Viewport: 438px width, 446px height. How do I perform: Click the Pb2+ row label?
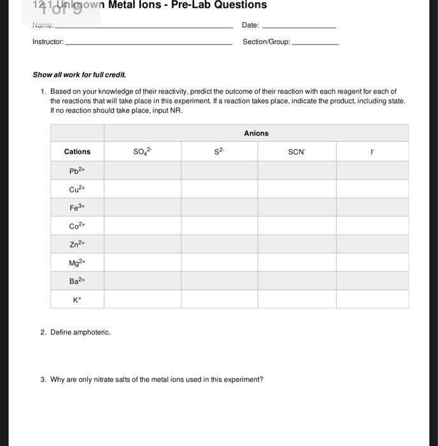click(x=77, y=170)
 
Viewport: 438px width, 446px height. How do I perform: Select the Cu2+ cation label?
click(x=77, y=189)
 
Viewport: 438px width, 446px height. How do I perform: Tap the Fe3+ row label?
click(x=77, y=207)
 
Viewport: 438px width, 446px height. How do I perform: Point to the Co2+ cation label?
click(x=77, y=226)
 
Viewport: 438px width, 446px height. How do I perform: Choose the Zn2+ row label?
click(x=77, y=244)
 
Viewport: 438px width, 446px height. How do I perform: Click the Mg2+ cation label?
click(x=77, y=263)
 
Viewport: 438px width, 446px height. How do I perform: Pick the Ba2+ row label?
click(x=77, y=281)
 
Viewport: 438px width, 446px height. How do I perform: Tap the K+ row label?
click(x=77, y=299)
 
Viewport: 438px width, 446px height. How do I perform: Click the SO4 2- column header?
click(x=142, y=152)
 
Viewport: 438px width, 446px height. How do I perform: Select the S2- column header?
click(x=218, y=152)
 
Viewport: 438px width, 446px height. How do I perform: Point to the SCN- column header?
click(x=296, y=152)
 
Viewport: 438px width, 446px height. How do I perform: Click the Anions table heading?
click(x=256, y=133)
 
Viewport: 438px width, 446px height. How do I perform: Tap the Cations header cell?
click(x=77, y=152)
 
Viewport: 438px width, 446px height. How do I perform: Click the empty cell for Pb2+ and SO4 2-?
click(x=142, y=170)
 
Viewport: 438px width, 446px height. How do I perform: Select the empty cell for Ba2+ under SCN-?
click(x=296, y=281)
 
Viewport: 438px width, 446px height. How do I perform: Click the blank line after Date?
click(x=299, y=27)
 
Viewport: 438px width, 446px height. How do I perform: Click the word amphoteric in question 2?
click(x=91, y=333)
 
